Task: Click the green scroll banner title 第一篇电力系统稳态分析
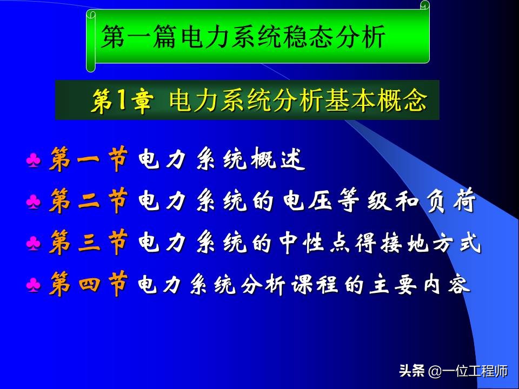(x=243, y=38)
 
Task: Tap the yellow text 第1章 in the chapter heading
(x=121, y=101)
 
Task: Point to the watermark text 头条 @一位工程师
(x=453, y=371)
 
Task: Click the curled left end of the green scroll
(x=91, y=41)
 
